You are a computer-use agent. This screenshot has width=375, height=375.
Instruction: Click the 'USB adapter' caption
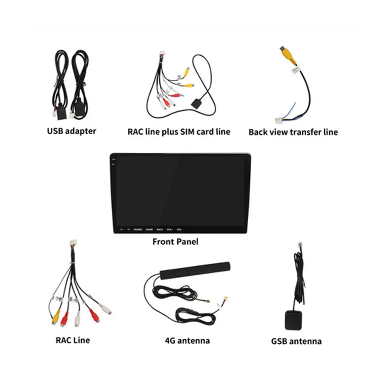(71, 131)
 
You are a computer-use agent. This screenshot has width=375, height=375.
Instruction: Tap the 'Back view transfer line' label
(293, 132)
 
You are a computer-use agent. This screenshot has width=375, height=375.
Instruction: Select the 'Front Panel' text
(175, 241)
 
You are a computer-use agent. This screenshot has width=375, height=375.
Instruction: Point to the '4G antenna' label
(187, 340)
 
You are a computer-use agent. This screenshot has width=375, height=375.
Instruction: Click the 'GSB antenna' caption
(296, 341)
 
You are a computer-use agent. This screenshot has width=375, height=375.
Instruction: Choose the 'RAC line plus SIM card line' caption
(179, 132)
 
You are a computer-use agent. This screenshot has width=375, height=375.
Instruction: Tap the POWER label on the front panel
(138, 229)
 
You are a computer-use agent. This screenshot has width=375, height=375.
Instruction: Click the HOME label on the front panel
(149, 229)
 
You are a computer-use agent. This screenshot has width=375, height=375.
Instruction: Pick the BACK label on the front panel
(160, 229)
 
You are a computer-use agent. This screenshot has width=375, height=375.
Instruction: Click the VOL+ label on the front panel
(169, 229)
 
